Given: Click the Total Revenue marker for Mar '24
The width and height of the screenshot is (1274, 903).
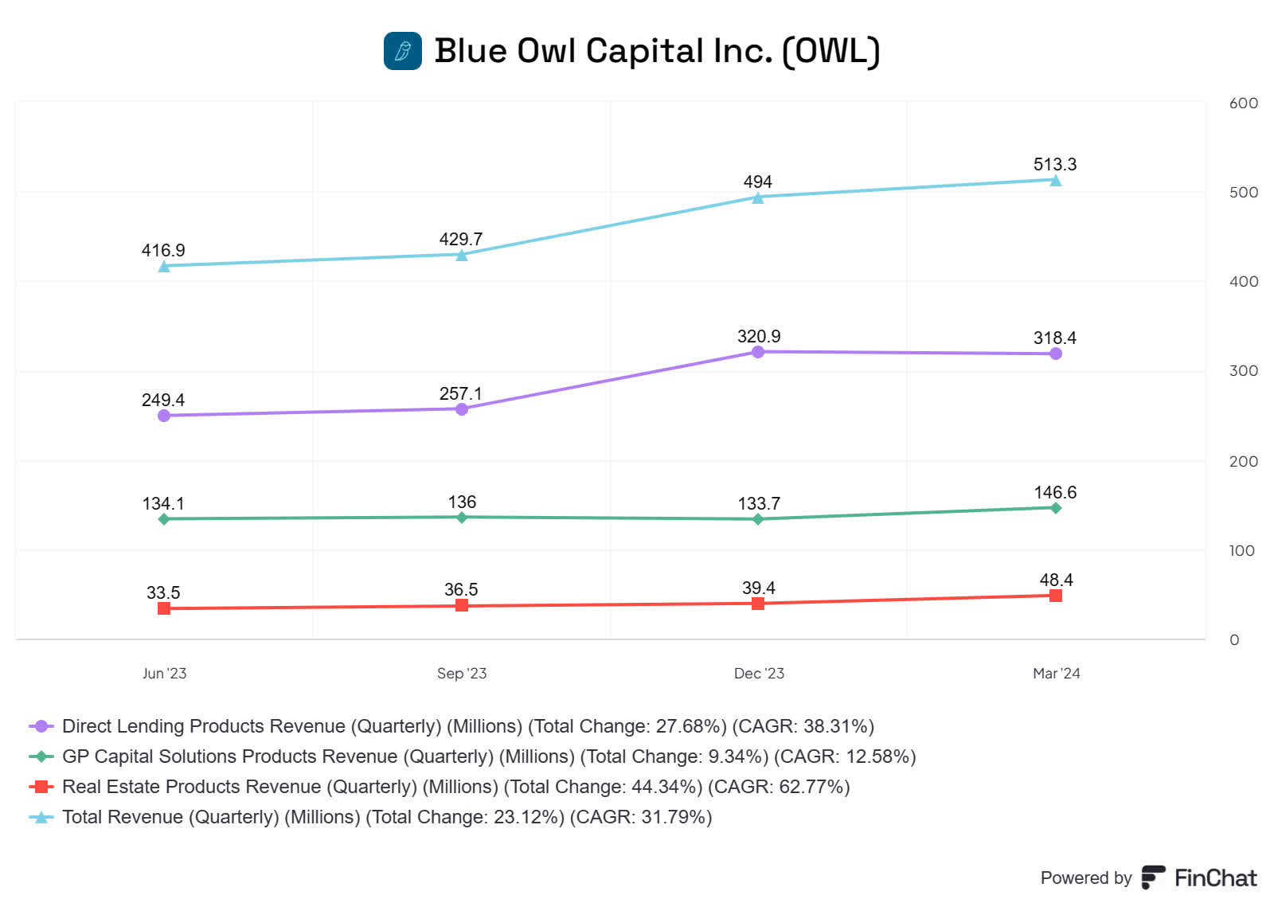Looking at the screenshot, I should coord(1055,181).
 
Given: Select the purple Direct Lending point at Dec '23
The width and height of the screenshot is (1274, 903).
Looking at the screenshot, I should coord(758,352).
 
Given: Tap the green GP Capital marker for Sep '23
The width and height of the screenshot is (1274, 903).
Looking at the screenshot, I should coord(462,518).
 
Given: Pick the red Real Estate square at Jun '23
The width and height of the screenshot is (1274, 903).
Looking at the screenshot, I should coord(164,608).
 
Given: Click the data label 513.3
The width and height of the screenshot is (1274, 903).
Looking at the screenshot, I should coord(1054,164).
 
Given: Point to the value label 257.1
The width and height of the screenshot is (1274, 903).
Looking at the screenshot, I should coord(460,393).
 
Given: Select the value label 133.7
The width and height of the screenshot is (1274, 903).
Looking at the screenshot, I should coord(758,503).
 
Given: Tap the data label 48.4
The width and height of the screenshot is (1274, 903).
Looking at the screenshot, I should coord(1056,580).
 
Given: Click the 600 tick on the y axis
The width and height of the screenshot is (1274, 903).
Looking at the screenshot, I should coord(1243,104).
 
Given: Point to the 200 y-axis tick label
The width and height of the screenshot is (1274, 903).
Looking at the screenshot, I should coord(1243,462).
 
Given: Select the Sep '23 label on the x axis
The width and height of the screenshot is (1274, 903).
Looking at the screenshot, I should coord(462,674).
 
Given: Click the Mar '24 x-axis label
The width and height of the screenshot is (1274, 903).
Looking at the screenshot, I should coord(1056,674).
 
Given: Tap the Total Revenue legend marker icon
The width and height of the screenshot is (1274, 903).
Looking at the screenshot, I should coord(41,817).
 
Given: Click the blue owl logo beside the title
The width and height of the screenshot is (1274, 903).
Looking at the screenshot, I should coord(403,51).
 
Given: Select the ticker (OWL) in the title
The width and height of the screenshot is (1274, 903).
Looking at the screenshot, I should coord(830,51).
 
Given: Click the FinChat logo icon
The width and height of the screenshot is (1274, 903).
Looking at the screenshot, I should coord(1153,877).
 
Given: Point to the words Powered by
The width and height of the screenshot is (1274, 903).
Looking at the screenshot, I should coord(1085,878).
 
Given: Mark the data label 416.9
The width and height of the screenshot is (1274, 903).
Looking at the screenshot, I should coord(163,250).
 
